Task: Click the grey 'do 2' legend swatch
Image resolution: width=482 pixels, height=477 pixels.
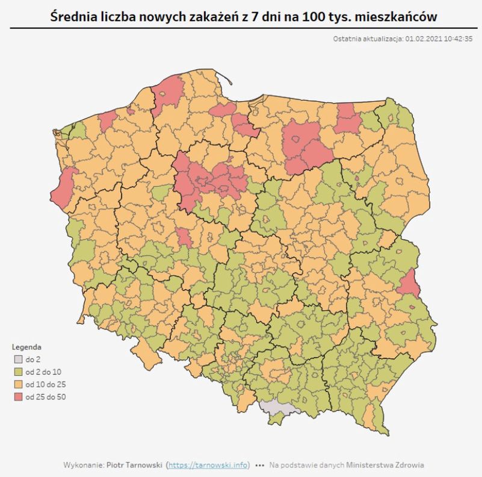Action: pyautogui.click(x=18, y=360)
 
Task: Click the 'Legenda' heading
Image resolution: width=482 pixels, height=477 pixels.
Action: pyautogui.click(x=26, y=348)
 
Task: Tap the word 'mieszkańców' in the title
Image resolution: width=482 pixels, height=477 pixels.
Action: pyautogui.click(x=397, y=14)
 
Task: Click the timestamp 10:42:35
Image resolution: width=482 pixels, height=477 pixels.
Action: pyautogui.click(x=458, y=39)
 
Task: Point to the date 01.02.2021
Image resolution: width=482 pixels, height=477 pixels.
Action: pyautogui.click(x=424, y=39)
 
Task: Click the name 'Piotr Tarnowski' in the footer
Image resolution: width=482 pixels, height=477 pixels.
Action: pyautogui.click(x=134, y=465)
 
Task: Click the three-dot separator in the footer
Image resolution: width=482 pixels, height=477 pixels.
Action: pyautogui.click(x=260, y=466)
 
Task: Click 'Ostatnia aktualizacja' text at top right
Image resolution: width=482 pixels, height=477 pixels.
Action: pyautogui.click(x=367, y=39)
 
